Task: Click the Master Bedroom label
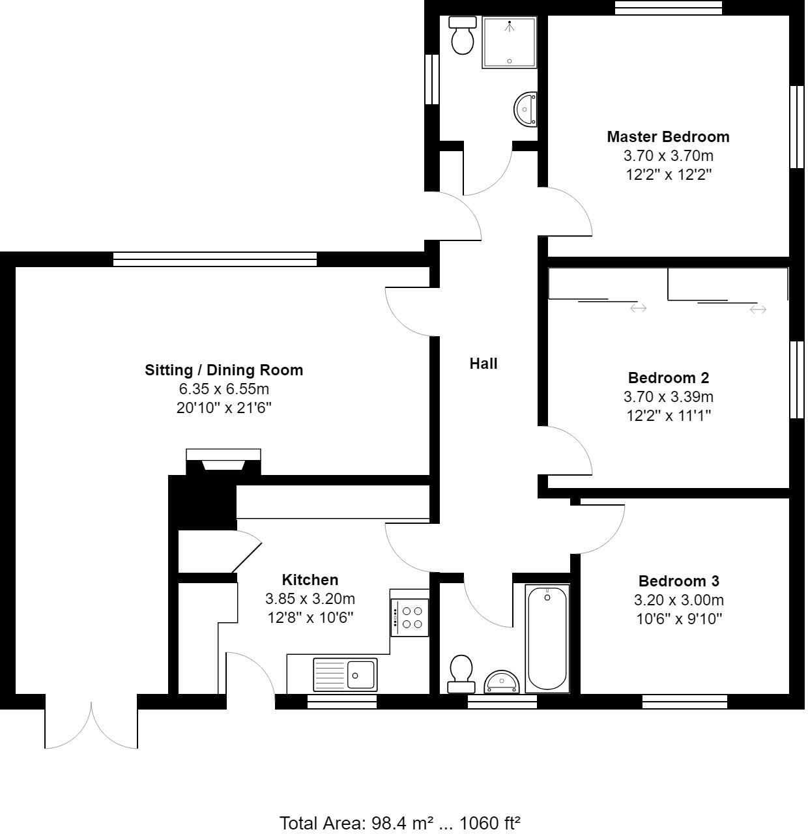668,137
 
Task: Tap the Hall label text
483,364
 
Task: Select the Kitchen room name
310,580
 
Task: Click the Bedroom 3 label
678,581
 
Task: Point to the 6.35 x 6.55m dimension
224,390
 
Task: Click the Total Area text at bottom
399,823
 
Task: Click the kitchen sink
345,674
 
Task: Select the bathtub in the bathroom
547,639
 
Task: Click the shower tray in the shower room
509,42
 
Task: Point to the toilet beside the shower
463,35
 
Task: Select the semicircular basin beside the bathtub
502,682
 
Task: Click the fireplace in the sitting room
224,463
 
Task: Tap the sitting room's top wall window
215,259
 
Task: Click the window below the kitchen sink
342,702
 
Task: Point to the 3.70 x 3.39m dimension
668,397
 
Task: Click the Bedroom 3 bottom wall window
684,702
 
